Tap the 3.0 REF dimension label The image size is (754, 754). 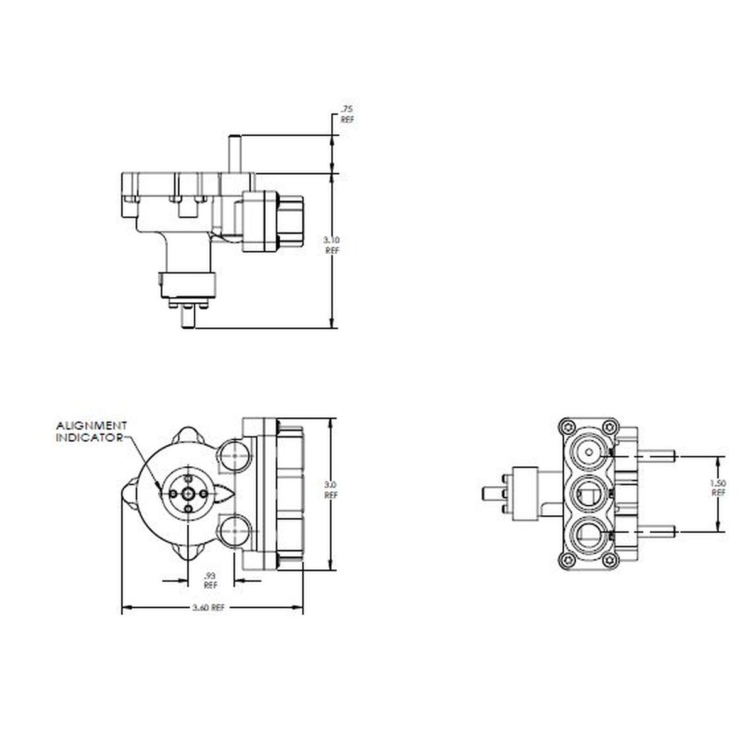331,489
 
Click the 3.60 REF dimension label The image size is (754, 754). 209,608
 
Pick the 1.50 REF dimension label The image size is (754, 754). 719,488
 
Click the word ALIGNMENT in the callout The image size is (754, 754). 92,425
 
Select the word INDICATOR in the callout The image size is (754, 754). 89,437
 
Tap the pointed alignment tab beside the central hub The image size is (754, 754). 225,494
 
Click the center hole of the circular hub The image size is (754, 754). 188,494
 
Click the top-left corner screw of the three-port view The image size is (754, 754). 567,425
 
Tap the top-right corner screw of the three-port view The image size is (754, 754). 608,425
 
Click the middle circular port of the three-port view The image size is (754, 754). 589,493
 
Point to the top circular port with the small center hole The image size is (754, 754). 589,451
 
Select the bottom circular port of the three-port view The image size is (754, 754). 589,535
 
